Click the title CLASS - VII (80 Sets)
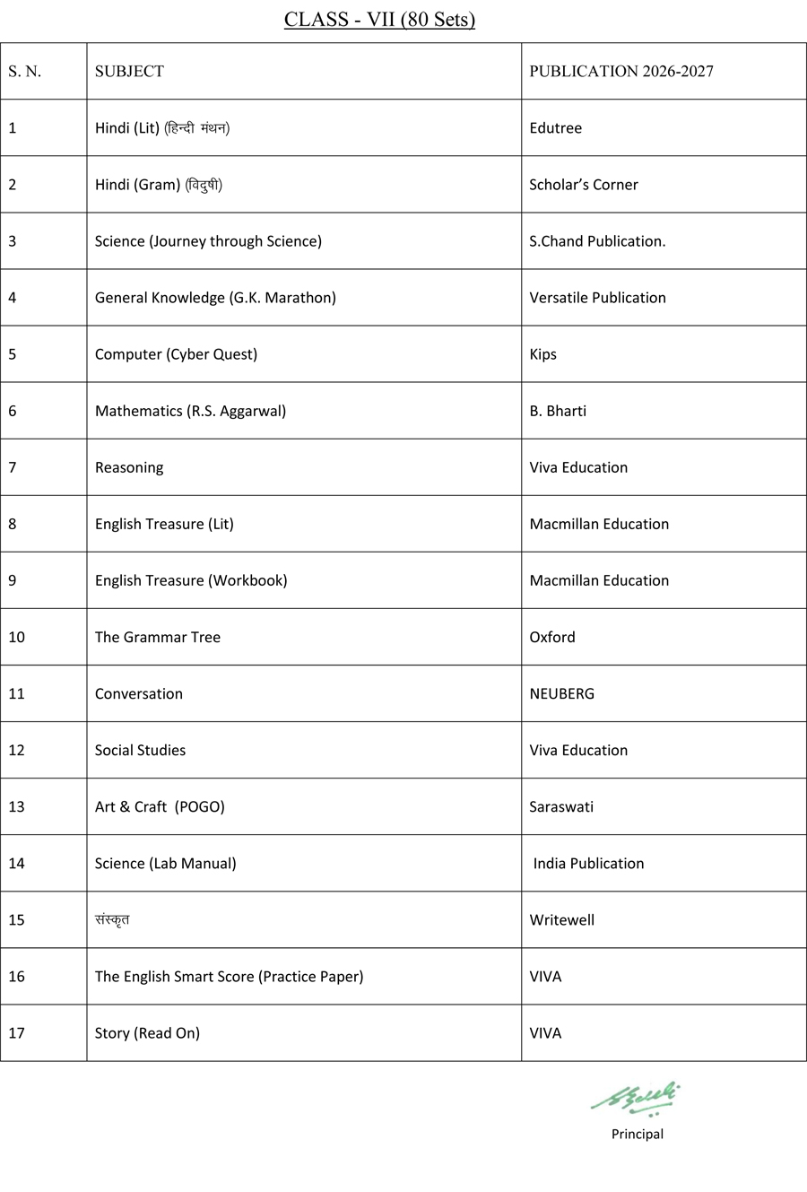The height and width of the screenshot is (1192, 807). (x=379, y=20)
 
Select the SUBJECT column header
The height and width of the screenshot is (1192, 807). (x=129, y=72)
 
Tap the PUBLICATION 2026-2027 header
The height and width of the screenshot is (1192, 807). (x=621, y=72)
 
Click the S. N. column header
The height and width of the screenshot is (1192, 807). (x=25, y=72)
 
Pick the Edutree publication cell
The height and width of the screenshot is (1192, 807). (x=555, y=128)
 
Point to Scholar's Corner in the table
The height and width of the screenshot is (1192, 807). (x=584, y=185)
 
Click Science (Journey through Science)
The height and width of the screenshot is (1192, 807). (x=208, y=241)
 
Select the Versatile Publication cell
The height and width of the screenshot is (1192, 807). (x=597, y=298)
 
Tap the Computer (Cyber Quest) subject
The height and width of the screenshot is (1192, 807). (x=176, y=354)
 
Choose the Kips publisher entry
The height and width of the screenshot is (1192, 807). (x=542, y=354)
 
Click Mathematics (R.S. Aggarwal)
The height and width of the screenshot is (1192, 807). (x=190, y=411)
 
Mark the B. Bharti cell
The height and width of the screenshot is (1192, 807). (x=558, y=411)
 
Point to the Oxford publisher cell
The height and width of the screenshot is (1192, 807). (x=552, y=637)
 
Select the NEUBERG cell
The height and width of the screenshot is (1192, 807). (x=561, y=693)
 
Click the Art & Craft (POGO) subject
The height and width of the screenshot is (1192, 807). (x=160, y=806)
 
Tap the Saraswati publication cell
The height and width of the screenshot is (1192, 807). (x=561, y=806)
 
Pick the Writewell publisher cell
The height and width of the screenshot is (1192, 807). (x=561, y=919)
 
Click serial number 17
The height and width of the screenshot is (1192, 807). (x=16, y=1032)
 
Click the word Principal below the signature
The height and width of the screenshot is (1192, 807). (x=638, y=1134)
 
